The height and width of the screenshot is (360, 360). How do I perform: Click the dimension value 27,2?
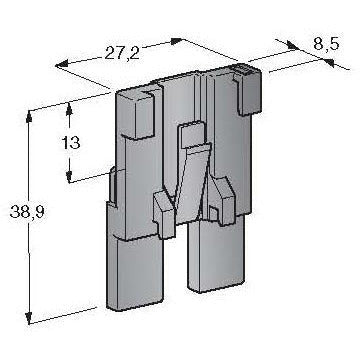click(122, 53)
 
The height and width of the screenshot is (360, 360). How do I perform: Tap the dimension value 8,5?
click(326, 44)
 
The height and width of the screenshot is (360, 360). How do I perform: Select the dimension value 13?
click(71, 143)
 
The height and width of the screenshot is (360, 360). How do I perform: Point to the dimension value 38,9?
click(27, 212)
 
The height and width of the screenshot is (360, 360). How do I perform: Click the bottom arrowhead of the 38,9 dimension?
click(29, 318)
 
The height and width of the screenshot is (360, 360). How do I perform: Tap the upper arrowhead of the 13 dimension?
click(69, 108)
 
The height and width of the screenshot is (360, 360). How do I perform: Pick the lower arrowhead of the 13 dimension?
click(69, 177)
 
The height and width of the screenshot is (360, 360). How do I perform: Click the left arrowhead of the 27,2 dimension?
click(62, 64)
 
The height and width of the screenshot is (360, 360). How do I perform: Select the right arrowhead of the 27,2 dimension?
click(176, 41)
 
